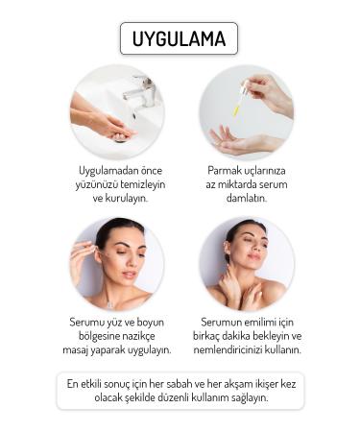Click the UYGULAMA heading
pyautogui.click(x=179, y=38)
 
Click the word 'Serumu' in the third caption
pyautogui.click(x=89, y=323)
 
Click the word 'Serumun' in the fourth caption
pyautogui.click(x=226, y=323)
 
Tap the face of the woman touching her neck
pyautogui.click(x=246, y=248)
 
